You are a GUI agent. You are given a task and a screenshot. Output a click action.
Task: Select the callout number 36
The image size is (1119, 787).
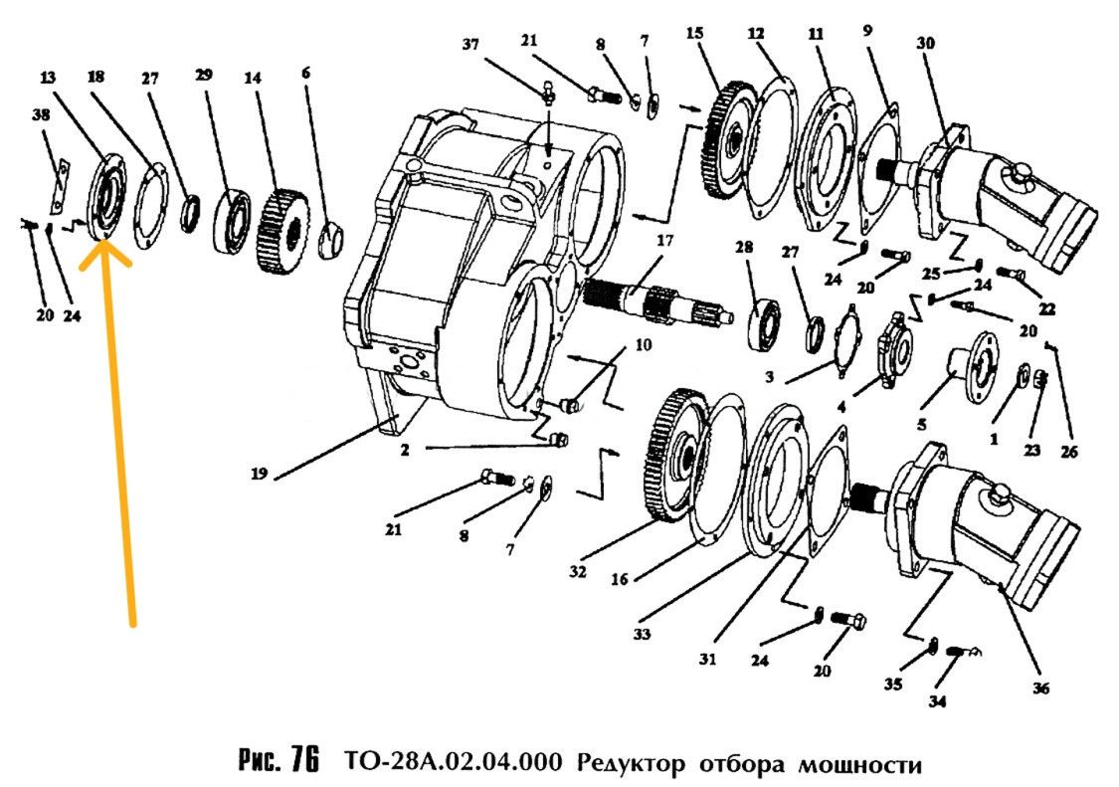click(x=1040, y=688)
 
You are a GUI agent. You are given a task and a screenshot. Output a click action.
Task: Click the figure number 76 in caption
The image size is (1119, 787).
click(x=304, y=762)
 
